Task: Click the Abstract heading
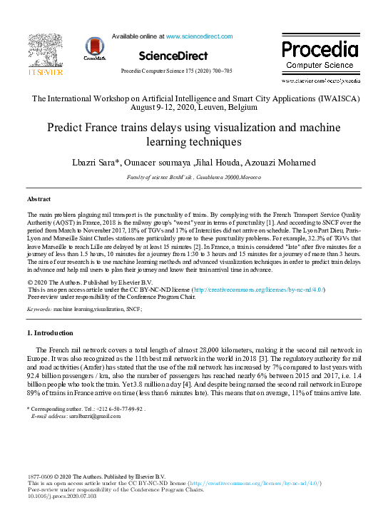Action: [x=39, y=199]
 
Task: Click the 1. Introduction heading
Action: [x=50, y=333]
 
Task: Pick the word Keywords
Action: [x=39, y=310]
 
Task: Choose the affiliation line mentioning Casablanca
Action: [x=193, y=175]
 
